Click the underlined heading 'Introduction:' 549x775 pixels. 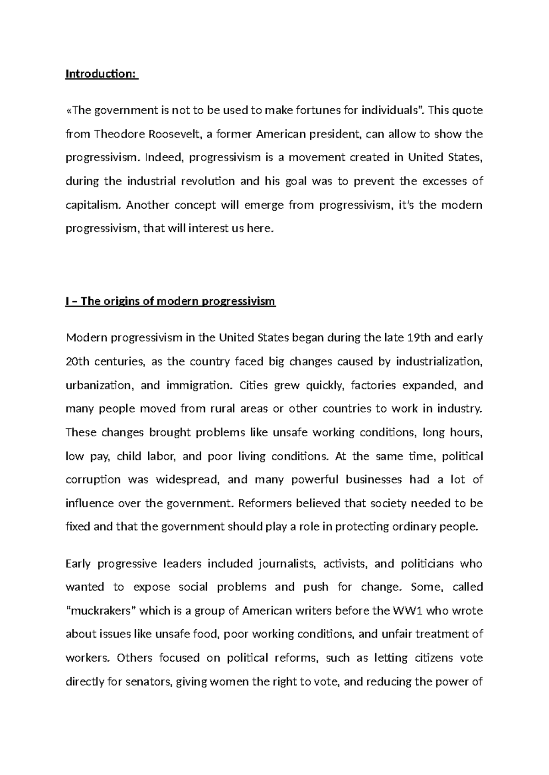pyautogui.click(x=101, y=74)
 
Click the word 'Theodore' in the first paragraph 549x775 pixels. pyautogui.click(x=116, y=134)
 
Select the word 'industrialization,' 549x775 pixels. pyautogui.click(x=439, y=362)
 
